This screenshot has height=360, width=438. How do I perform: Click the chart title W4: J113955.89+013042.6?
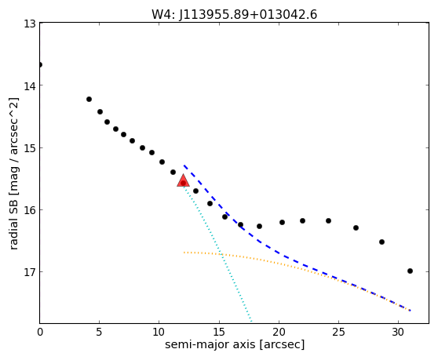coord(234,14)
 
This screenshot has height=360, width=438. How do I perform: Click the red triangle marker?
coord(183,181)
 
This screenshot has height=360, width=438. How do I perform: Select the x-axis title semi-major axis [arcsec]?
coord(235,344)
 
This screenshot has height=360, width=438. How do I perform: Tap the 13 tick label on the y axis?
coord(30,24)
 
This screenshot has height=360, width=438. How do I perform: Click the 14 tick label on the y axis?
coord(30,86)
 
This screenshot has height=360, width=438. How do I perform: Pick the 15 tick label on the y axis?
coord(30,148)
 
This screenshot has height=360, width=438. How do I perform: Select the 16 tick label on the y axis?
coord(30,210)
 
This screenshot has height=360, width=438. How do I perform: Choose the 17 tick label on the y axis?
coord(30,272)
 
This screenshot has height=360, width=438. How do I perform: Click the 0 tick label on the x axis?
coord(40,332)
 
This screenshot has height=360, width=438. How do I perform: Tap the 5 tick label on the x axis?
coord(100,332)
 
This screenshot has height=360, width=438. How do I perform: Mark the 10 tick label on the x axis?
coord(159,332)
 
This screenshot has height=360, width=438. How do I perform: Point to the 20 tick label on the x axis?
coord(279,332)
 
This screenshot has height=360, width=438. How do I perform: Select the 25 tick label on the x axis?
coord(338,332)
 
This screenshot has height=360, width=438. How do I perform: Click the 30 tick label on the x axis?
coord(398,332)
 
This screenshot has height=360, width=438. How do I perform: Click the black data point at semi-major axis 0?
coord(40,65)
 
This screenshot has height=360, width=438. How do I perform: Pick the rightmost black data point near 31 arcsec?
coord(410,271)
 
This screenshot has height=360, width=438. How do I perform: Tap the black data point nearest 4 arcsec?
coord(89,99)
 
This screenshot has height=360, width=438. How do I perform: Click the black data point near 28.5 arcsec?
coord(381,242)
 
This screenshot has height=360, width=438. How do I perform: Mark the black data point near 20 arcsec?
coord(282,222)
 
